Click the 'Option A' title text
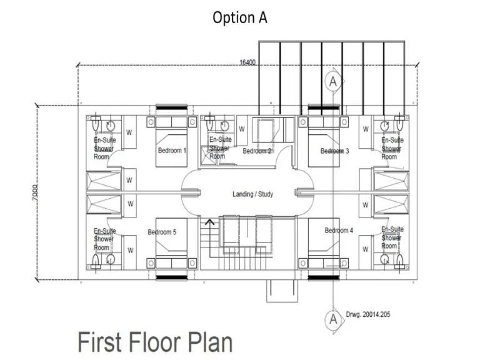click(x=239, y=17)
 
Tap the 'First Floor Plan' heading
click(x=155, y=342)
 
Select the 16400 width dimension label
click(x=247, y=62)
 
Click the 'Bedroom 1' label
click(x=172, y=151)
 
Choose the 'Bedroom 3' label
click(x=334, y=151)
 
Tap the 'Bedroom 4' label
click(x=339, y=231)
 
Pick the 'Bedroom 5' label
click(x=162, y=232)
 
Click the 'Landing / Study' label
click(x=252, y=194)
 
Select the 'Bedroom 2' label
click(x=257, y=151)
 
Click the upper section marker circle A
click(x=333, y=81)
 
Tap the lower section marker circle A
click(x=333, y=319)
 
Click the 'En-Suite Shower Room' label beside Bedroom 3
click(x=391, y=149)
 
